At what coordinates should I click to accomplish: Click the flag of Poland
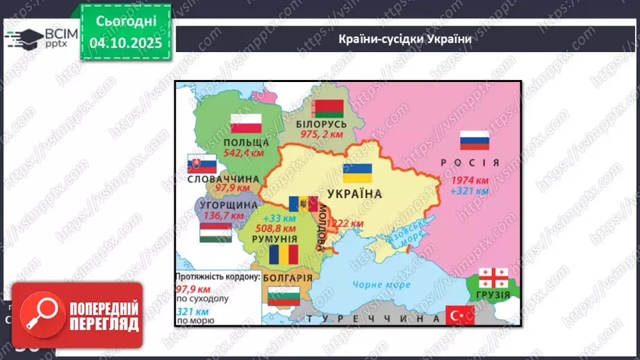(x=246, y=124)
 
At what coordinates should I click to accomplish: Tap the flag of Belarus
(x=329, y=108)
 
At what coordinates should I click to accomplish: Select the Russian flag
(x=475, y=140)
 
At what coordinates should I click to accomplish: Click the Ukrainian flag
(x=357, y=173)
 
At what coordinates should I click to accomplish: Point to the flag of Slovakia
(x=202, y=165)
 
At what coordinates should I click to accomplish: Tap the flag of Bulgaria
(x=282, y=297)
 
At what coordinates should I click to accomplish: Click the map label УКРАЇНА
(x=354, y=194)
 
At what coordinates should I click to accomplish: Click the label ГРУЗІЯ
(x=494, y=294)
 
